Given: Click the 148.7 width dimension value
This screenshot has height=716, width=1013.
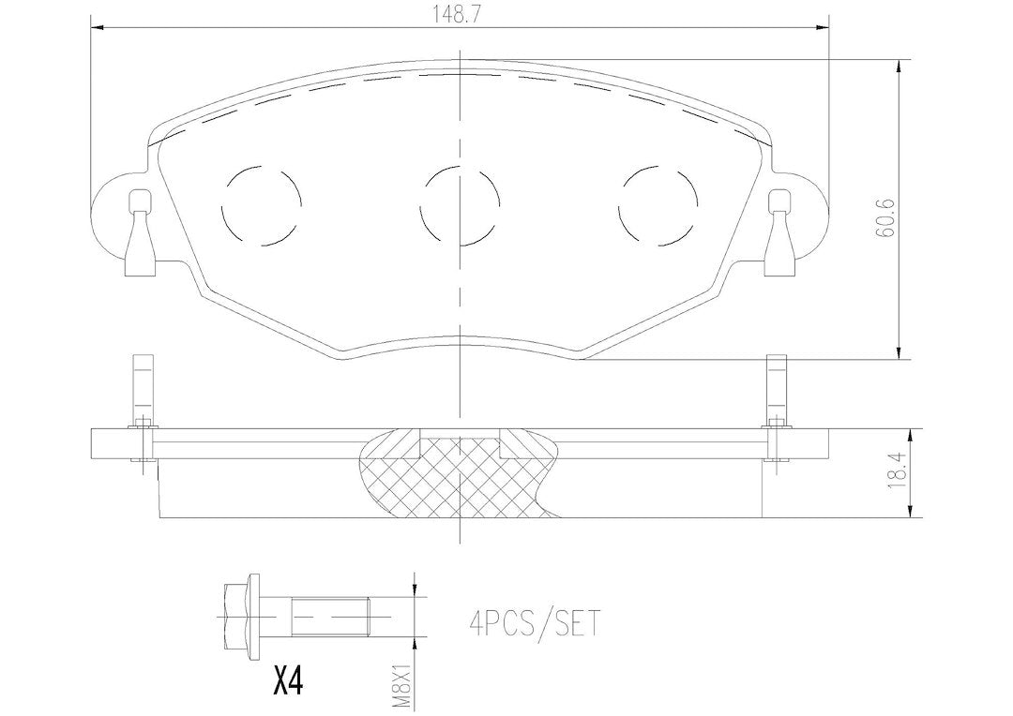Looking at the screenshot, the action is point(460,16).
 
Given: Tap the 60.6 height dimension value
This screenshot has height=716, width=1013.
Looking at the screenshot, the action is point(886,218).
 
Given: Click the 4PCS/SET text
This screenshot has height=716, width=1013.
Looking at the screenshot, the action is point(535,623).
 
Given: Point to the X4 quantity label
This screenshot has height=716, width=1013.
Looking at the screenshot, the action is point(285,680).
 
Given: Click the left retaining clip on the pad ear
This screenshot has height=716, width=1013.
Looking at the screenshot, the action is point(141,233).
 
